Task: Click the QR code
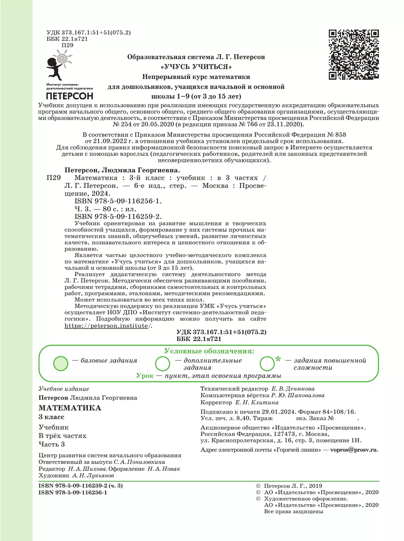coord(353,55)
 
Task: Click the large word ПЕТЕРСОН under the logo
coord(69,96)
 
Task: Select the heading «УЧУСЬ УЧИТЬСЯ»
coord(196,67)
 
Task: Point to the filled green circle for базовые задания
coord(61,363)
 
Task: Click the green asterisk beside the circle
coord(278,359)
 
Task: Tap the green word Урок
coord(145,376)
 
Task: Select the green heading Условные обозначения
coord(209,351)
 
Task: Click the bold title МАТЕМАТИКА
coord(70,408)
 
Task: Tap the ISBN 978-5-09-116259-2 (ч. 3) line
coord(80,486)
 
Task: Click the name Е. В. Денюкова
coord(293,389)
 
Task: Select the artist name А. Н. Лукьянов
coord(93,476)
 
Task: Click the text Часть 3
coord(52,444)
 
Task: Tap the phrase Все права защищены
coord(294,511)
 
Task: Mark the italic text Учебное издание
coord(64,389)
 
